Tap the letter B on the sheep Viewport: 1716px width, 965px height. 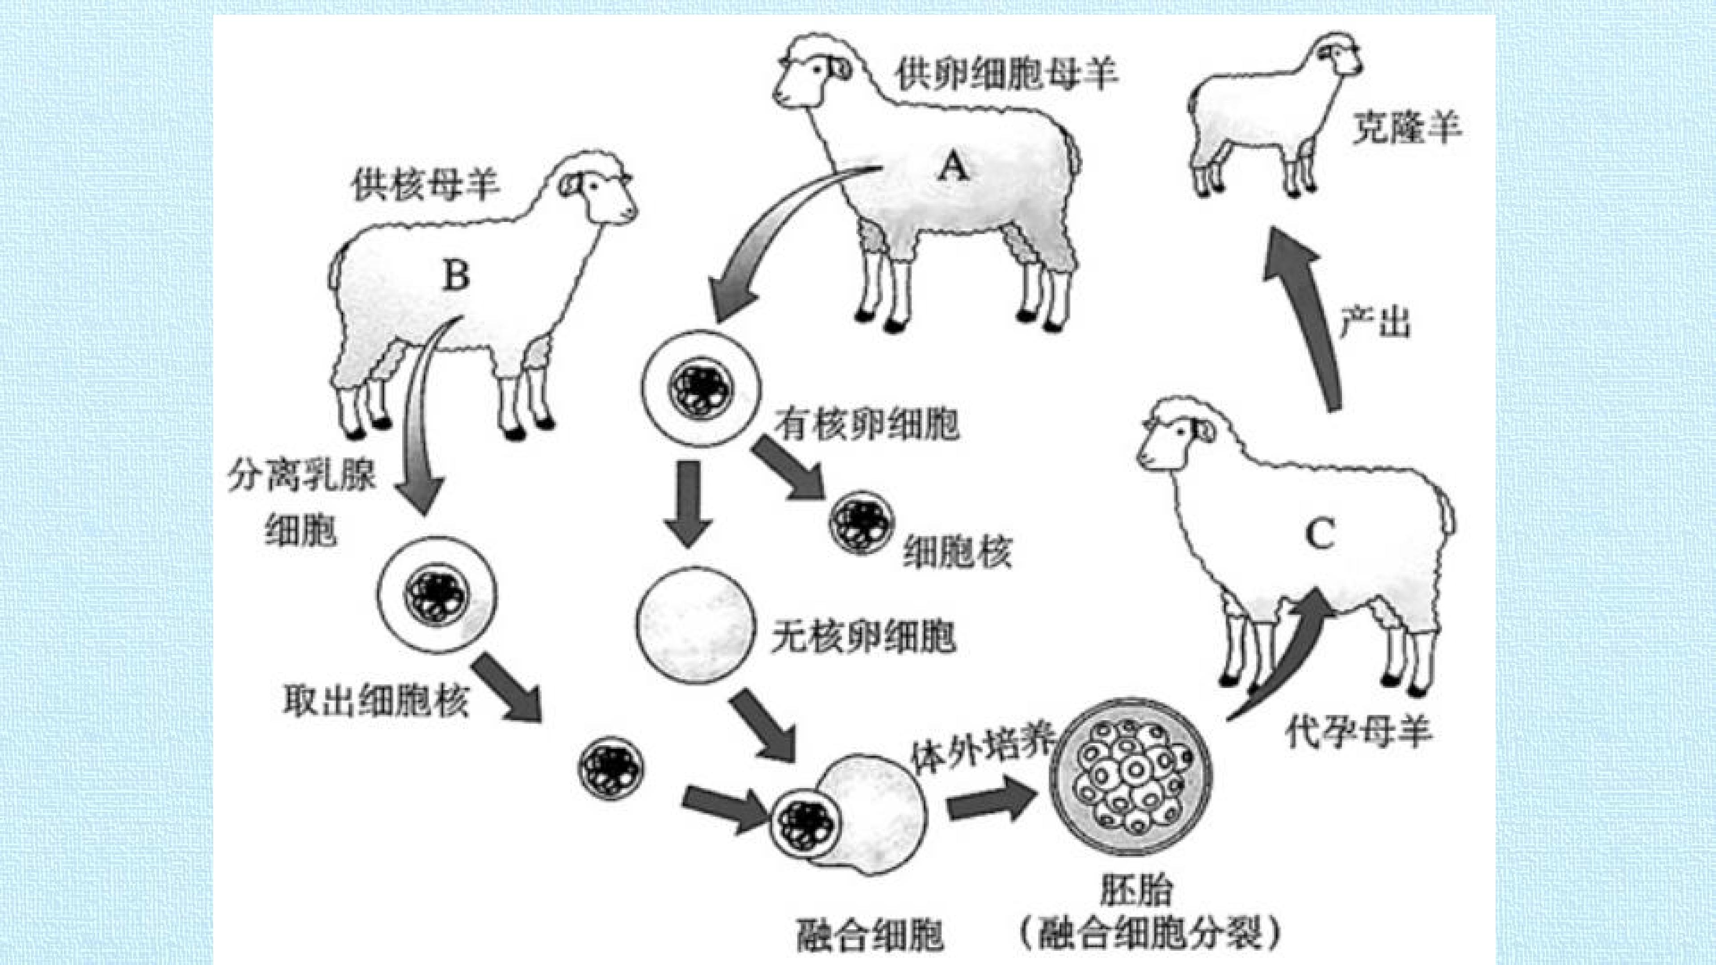(456, 275)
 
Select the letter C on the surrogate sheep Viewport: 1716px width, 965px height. (1319, 534)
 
